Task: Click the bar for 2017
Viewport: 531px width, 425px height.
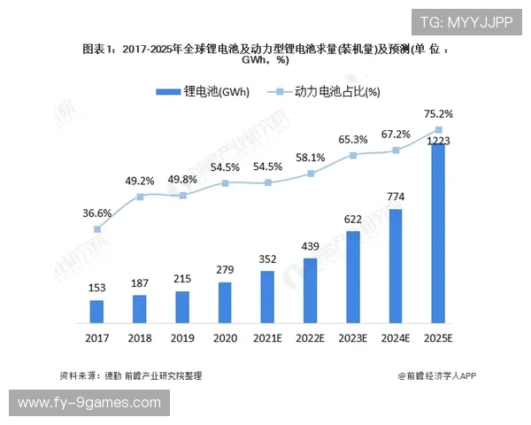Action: [x=96, y=311]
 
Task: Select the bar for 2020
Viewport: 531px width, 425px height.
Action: [x=225, y=302]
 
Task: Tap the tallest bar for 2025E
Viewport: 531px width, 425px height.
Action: [x=438, y=233]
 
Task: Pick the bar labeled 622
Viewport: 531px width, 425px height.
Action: [x=353, y=276]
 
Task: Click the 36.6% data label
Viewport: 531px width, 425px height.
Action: [x=96, y=213]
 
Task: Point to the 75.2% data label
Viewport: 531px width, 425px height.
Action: [x=439, y=114]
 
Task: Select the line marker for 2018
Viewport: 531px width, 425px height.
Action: [x=140, y=197]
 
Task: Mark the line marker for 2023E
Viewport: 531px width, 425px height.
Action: [x=353, y=155]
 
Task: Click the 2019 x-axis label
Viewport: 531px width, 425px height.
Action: [x=182, y=338]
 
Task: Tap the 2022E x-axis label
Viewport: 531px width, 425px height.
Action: [x=311, y=338]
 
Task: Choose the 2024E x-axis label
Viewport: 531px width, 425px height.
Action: [x=396, y=338]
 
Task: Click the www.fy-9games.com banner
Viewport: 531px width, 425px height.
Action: [x=88, y=403]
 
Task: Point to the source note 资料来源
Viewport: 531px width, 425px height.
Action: [x=130, y=375]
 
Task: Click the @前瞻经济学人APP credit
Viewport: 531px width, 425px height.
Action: [x=436, y=375]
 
